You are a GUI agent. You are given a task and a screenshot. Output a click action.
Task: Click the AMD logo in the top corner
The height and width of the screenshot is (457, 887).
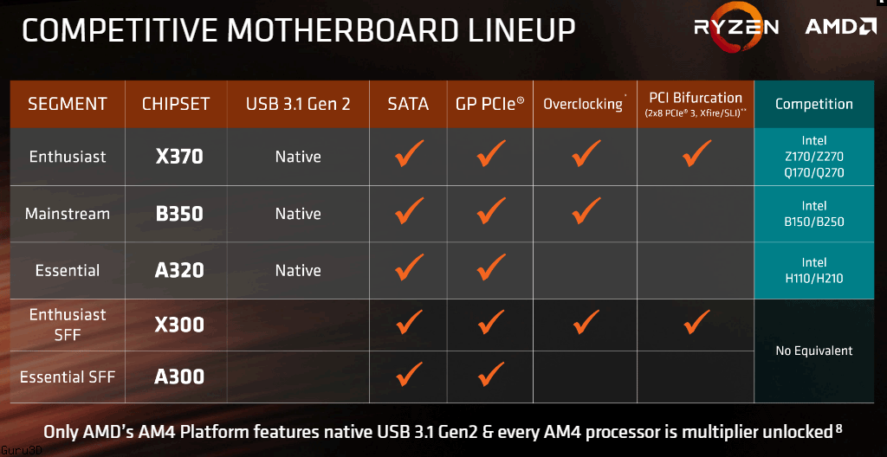pyautogui.click(x=840, y=27)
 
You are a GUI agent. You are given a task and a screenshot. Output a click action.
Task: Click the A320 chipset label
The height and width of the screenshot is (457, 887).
pyautogui.click(x=178, y=270)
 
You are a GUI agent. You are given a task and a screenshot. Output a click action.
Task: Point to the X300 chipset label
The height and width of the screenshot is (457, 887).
pyautogui.click(x=178, y=325)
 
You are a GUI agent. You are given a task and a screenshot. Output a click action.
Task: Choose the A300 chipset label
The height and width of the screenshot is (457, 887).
pyautogui.click(x=178, y=377)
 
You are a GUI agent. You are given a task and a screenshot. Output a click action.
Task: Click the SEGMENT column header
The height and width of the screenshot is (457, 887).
pyautogui.click(x=68, y=104)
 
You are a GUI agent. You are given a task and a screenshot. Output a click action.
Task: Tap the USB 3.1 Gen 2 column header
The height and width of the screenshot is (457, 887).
pyautogui.click(x=298, y=104)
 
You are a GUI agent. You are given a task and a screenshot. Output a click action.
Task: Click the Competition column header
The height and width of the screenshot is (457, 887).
pyautogui.click(x=814, y=104)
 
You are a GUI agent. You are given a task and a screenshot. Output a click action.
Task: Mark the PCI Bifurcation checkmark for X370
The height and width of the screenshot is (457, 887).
pyautogui.click(x=696, y=153)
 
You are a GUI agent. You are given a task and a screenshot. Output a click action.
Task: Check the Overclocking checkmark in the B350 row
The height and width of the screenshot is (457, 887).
pyautogui.click(x=586, y=210)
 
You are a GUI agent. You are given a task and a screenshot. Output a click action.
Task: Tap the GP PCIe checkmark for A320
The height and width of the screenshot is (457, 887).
pyautogui.click(x=490, y=267)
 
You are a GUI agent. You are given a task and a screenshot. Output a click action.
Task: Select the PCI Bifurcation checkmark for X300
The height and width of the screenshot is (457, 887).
pyautogui.click(x=696, y=321)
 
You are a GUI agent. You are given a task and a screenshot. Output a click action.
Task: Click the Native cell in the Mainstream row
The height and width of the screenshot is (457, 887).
pyautogui.click(x=298, y=214)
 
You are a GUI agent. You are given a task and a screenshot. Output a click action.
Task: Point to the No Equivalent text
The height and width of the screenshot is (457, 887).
pyautogui.click(x=814, y=351)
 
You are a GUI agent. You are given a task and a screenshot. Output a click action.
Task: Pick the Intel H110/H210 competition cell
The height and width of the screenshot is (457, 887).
pyautogui.click(x=814, y=270)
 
